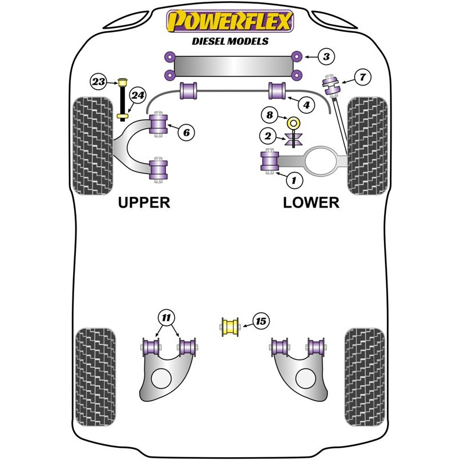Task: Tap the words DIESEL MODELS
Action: (x=230, y=41)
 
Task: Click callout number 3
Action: (x=326, y=56)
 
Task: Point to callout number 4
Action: (x=306, y=105)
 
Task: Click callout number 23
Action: (x=98, y=82)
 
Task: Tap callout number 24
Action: (x=137, y=96)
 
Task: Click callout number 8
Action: (x=270, y=115)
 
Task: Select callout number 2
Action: (x=268, y=136)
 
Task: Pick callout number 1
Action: (x=295, y=181)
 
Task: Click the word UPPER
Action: (x=144, y=202)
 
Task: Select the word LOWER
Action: (x=311, y=202)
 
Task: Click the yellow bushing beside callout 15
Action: (x=231, y=327)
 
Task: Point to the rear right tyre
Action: (x=364, y=377)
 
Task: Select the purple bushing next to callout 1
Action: (x=270, y=160)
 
